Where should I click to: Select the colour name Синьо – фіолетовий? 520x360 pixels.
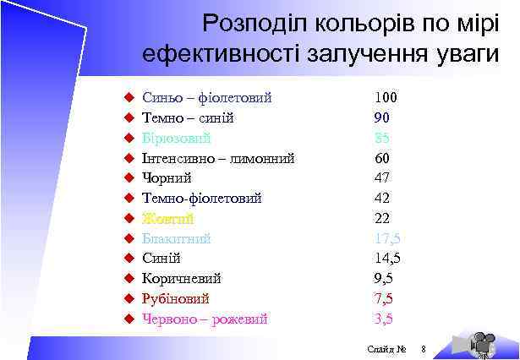(x=206, y=97)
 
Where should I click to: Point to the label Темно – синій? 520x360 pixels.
(x=188, y=117)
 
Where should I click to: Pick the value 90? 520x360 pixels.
(x=382, y=117)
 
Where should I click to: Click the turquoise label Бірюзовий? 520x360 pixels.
(x=177, y=138)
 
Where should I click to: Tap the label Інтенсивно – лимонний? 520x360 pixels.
(x=218, y=157)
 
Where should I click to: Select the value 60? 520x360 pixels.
(x=382, y=157)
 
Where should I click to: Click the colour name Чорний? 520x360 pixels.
(x=167, y=177)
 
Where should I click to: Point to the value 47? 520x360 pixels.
(x=382, y=177)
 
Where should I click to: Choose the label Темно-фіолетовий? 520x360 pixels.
(x=201, y=198)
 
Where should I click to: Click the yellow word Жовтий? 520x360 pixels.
(x=168, y=218)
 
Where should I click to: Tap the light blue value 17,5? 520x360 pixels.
(x=386, y=238)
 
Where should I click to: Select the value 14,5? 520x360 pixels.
(x=386, y=259)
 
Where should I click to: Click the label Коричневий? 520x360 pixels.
(x=182, y=278)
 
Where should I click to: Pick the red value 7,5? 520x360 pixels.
(x=383, y=298)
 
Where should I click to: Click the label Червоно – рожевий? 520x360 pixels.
(x=205, y=319)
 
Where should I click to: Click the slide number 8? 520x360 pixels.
(x=424, y=349)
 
